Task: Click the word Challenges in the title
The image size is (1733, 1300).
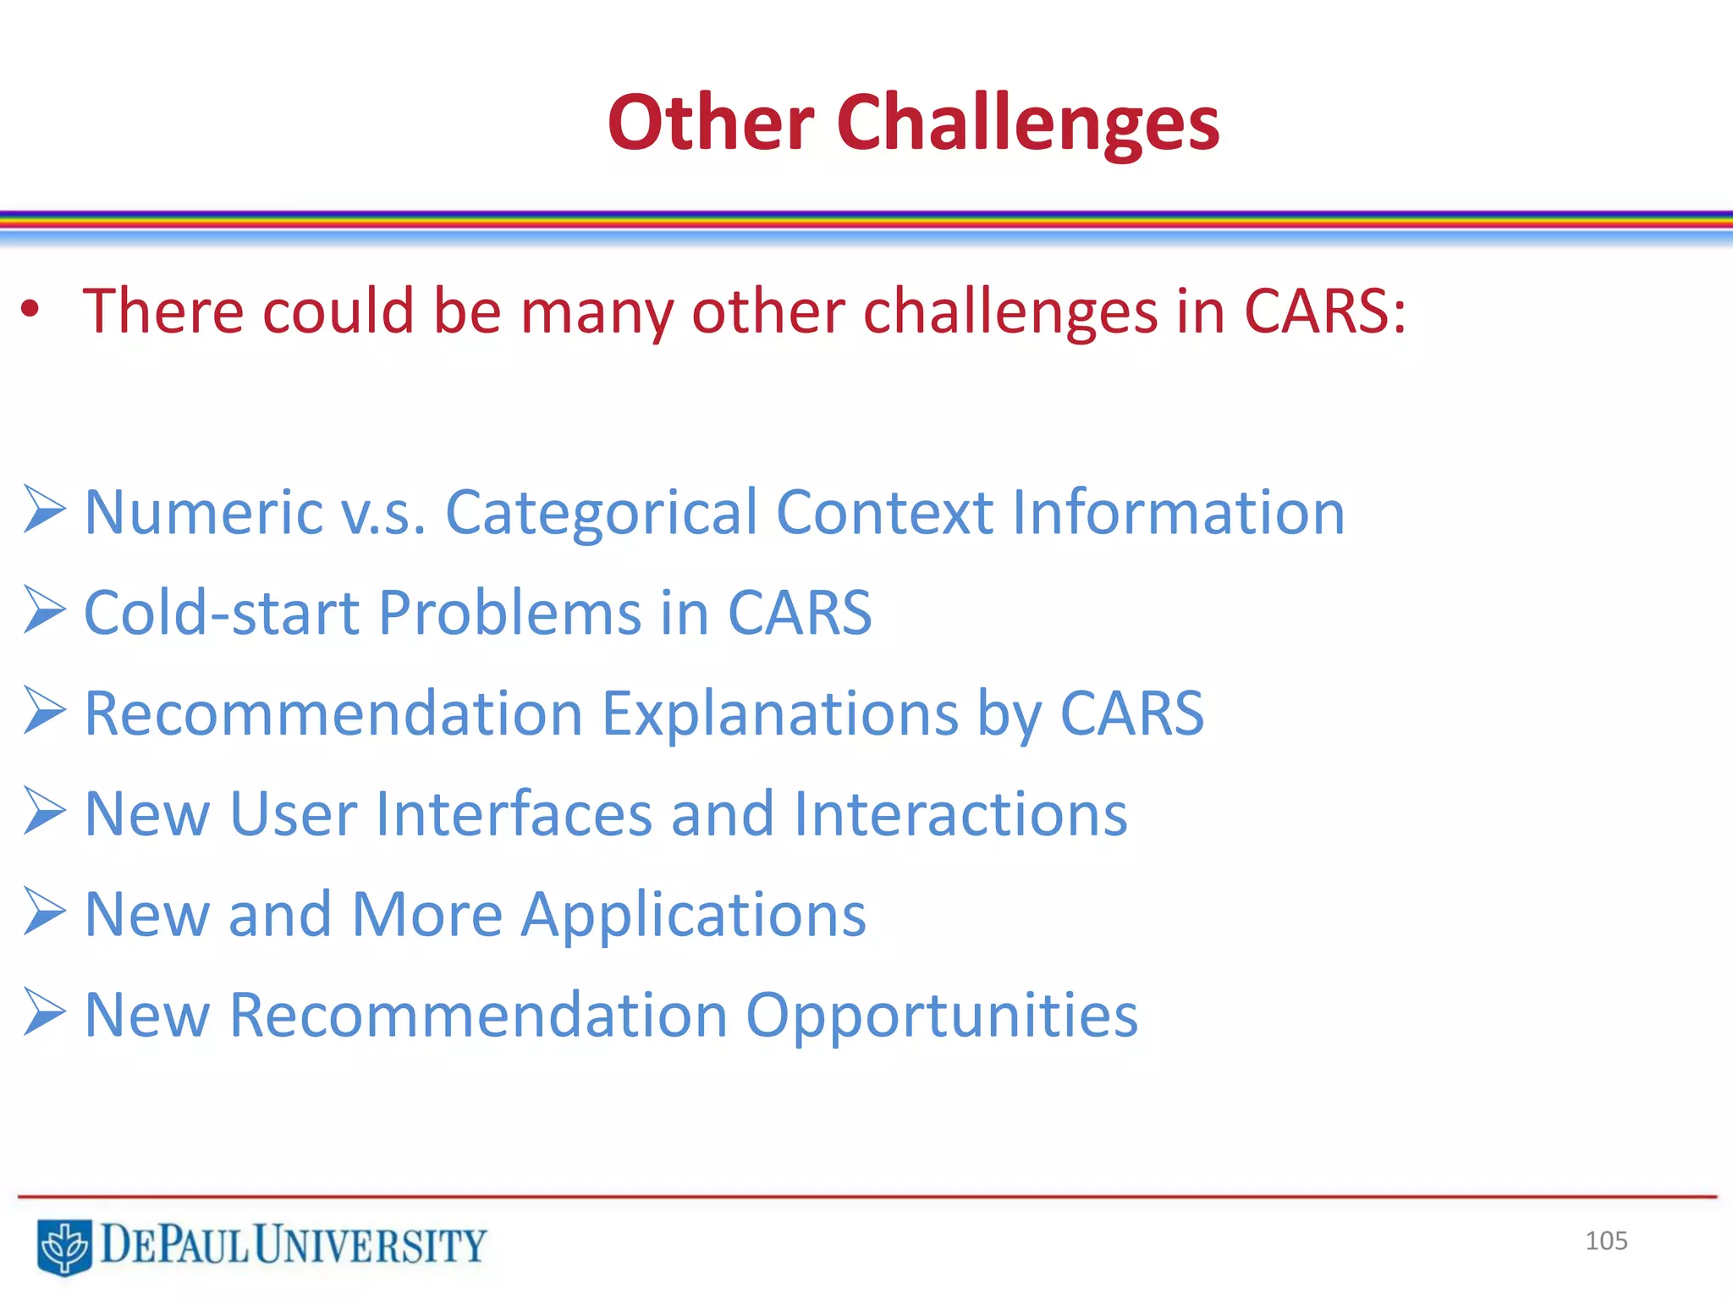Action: click(x=1027, y=124)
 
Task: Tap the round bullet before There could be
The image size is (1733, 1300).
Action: click(x=30, y=310)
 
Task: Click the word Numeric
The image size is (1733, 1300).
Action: click(x=203, y=513)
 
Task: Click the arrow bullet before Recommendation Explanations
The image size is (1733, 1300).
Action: click(x=44, y=710)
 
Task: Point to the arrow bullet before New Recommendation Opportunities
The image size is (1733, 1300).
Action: click(x=44, y=1011)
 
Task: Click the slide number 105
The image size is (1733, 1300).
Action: click(x=1605, y=1241)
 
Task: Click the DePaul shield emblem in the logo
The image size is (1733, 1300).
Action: click(x=64, y=1246)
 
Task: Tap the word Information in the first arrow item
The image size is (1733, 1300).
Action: click(x=1178, y=513)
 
